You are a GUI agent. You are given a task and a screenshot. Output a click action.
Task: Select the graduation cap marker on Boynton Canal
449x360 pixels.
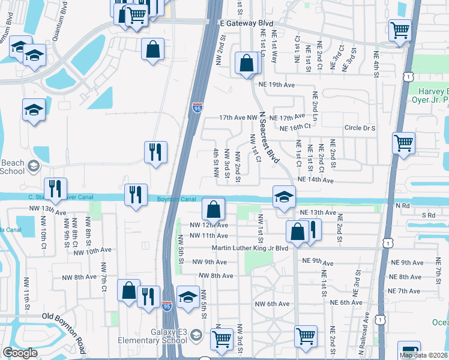pyautogui.click(x=283, y=196)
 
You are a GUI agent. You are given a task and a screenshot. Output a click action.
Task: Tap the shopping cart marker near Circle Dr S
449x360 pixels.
pyautogui.click(x=403, y=143)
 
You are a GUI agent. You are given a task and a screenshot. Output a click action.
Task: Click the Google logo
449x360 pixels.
pyautogui.click(x=20, y=353)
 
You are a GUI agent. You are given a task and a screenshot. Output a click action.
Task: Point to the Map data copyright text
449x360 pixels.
pyautogui.click(x=423, y=355)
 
